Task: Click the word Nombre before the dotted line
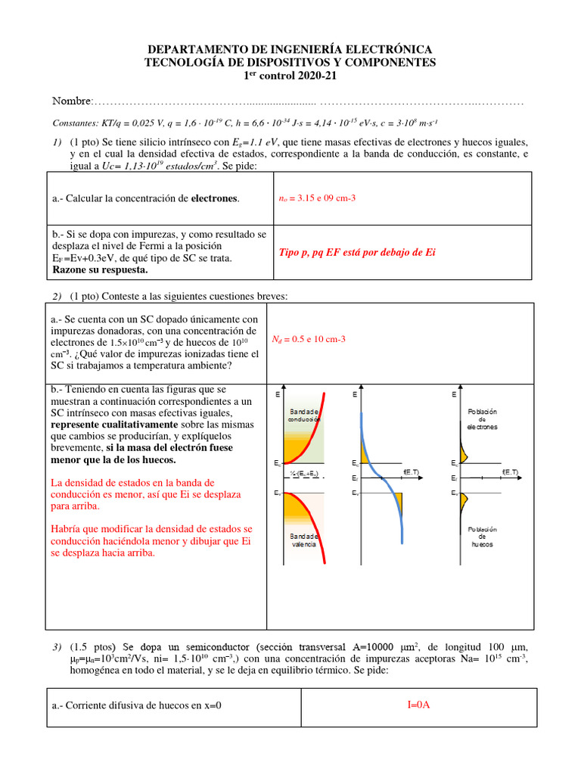[70, 101]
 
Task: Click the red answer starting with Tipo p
[357, 252]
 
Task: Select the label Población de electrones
[482, 419]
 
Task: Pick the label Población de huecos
[482, 537]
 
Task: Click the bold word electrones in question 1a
[214, 198]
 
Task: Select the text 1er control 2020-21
[290, 76]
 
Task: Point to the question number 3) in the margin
[57, 647]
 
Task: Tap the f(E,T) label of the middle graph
[412, 472]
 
